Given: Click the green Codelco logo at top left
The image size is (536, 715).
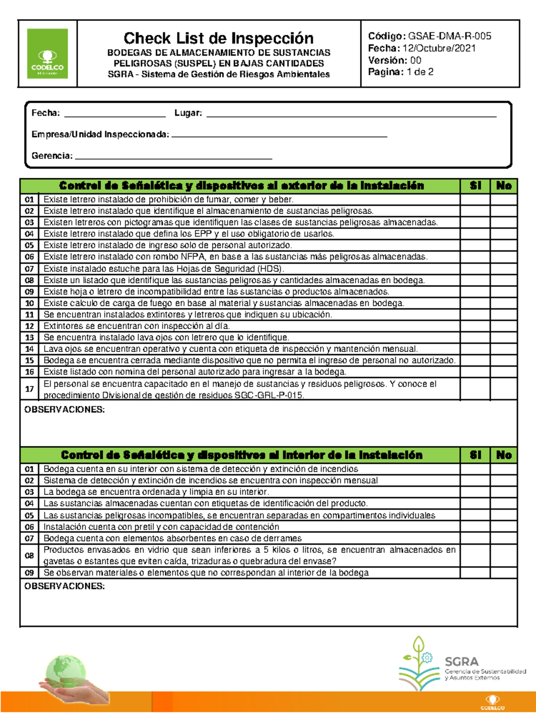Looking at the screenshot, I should [47, 53].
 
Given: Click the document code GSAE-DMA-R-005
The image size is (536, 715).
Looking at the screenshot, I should [449, 36].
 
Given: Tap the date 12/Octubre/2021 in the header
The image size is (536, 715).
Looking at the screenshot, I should [439, 48].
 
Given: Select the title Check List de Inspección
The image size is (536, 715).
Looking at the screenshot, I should [218, 38].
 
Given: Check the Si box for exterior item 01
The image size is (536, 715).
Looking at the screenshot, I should [475, 199].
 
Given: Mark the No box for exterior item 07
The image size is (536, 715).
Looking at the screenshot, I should [503, 269].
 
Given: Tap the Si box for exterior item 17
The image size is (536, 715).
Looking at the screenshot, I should [475, 389].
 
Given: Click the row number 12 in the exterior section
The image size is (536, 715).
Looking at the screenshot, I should [29, 326].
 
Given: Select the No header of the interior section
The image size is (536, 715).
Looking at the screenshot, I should [503, 455].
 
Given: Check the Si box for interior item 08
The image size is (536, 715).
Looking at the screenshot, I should [475, 555].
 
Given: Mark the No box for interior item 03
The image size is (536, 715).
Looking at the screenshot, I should [503, 492].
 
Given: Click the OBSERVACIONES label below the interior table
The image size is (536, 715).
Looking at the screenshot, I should [64, 586].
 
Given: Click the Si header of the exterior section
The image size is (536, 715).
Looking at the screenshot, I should [475, 186].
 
